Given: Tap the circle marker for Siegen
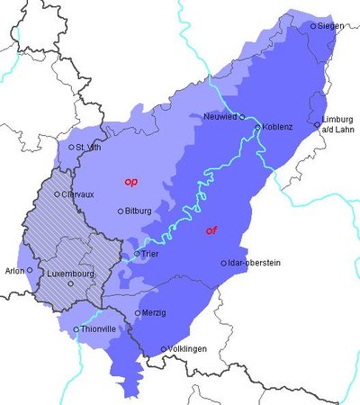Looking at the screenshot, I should [313, 26].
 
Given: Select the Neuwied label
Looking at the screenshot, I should [220, 116].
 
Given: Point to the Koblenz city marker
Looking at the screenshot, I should [257, 128].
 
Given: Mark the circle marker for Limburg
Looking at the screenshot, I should [317, 124].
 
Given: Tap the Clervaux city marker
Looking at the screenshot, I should [58, 193].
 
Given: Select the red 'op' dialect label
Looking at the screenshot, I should [130, 182].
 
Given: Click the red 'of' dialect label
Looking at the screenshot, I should [211, 230].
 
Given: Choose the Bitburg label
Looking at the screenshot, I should [139, 211].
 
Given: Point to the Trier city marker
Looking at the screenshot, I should [137, 255].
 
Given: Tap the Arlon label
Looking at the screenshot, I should [14, 269].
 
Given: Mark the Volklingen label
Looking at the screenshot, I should [192, 349].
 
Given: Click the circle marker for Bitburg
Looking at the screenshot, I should [121, 211].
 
